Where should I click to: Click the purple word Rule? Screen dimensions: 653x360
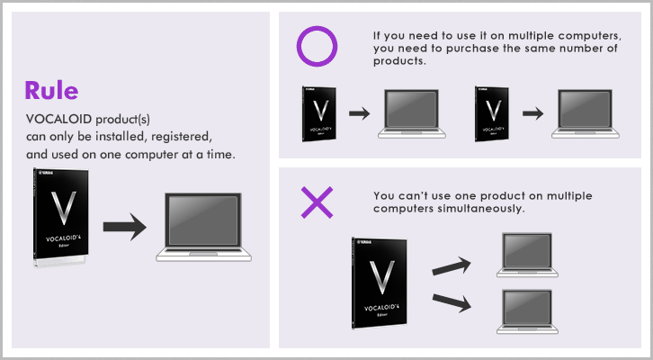(x=51, y=90)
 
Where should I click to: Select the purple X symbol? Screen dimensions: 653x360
(x=317, y=202)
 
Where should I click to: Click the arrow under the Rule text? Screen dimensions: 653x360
(x=125, y=227)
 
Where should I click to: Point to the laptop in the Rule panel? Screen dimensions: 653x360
(x=203, y=227)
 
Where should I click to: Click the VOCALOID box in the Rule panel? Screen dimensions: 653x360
(x=61, y=217)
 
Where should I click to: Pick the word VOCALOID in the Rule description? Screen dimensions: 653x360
(x=58, y=119)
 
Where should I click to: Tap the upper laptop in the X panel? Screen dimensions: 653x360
(x=527, y=255)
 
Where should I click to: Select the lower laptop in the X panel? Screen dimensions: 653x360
(x=527, y=311)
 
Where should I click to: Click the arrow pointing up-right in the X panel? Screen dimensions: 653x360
(x=452, y=265)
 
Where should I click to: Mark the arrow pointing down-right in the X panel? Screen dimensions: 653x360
(x=452, y=302)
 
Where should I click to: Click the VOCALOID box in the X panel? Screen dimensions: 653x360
(x=380, y=283)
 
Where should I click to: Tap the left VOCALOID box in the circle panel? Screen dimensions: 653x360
(x=319, y=113)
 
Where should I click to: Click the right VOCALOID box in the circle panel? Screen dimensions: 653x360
(x=492, y=113)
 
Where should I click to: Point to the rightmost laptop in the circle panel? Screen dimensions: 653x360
(x=586, y=113)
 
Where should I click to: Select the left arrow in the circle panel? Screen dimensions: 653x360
(x=360, y=113)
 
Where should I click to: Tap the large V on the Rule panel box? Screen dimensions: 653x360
(x=63, y=208)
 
